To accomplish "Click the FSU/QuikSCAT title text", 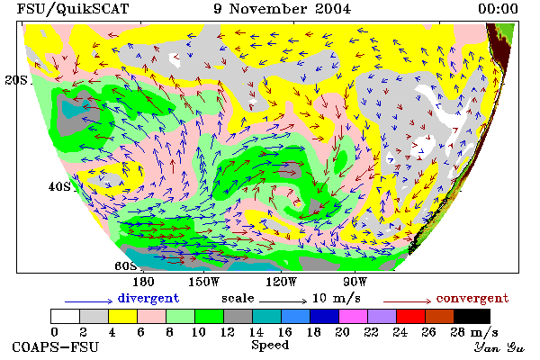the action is coord(73,9).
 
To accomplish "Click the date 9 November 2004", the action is coord(282,9).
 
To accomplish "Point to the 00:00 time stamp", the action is coord(498,9).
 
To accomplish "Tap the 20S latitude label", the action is coord(16,80).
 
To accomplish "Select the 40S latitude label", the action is coord(59,186).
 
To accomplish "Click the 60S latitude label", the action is coord(125,265).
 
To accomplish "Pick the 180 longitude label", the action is coord(143,282).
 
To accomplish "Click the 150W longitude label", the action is coord(204,282).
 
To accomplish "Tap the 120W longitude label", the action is coord(281,282).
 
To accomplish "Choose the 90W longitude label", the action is coord(355,282).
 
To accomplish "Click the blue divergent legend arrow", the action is coord(89,301).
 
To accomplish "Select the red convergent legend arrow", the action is coord(407,301).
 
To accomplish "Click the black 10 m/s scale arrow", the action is coord(283,301).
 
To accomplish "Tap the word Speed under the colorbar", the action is coord(270,346).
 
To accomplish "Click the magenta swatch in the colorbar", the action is coord(354,316).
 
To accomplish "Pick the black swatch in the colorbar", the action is coord(472,316).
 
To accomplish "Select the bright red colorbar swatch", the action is coord(411,316).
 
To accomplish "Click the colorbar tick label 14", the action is coord(256,332).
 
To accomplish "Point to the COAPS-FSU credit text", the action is coord(56,347).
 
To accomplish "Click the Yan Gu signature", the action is coord(499,347).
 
